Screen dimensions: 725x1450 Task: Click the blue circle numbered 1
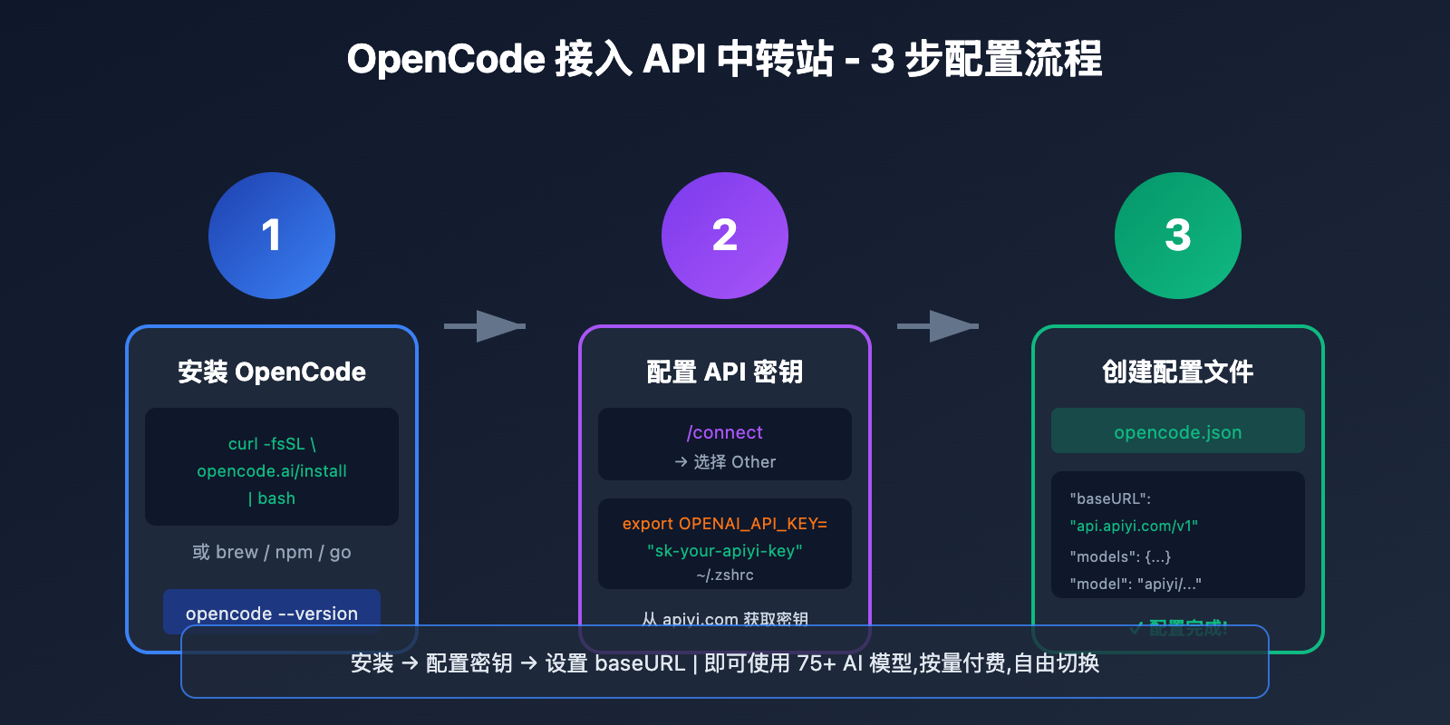click(272, 236)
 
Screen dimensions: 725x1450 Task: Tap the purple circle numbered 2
click(725, 236)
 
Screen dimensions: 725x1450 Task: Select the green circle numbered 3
click(1178, 236)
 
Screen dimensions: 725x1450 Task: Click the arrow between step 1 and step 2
click(486, 326)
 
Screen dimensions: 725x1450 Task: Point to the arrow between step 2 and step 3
click(939, 326)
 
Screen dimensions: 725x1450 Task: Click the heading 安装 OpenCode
click(272, 372)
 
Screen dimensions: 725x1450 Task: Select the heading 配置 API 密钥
click(725, 372)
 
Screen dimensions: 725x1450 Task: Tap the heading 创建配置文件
click(1178, 372)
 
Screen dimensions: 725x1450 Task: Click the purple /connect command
click(725, 432)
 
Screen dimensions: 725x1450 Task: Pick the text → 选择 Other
click(725, 462)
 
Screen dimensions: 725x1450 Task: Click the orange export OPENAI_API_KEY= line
click(725, 524)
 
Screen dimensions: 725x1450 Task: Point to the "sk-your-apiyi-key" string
click(725, 551)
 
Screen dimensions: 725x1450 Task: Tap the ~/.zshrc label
click(725, 575)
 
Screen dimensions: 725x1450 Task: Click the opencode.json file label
click(1178, 432)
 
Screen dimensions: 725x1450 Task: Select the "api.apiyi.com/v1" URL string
click(1134, 526)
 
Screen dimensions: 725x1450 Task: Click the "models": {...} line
click(1120, 556)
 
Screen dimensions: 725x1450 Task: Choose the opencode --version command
click(272, 614)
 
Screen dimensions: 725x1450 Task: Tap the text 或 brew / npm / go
click(272, 552)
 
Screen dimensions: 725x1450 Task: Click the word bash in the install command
click(276, 498)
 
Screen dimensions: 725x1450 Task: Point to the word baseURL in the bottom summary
click(640, 663)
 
